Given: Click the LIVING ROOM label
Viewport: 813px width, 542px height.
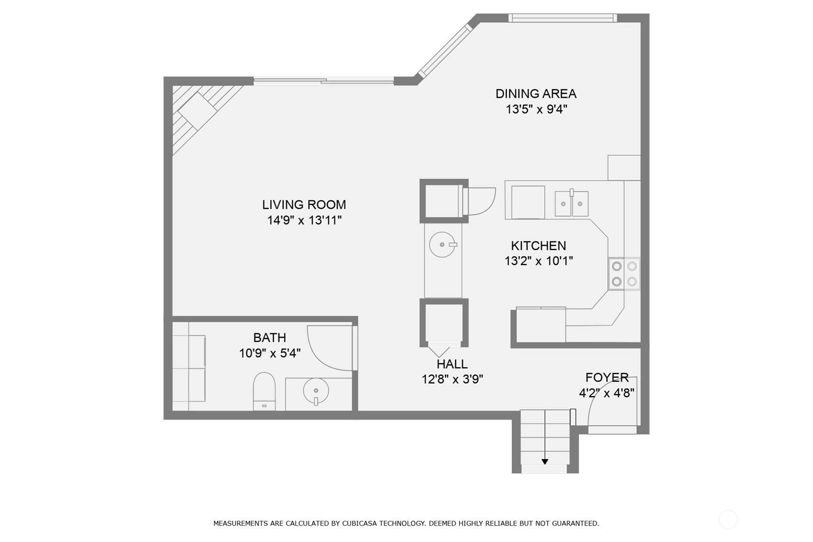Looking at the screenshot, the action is [304, 205].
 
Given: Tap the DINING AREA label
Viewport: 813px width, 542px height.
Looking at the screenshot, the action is [536, 93].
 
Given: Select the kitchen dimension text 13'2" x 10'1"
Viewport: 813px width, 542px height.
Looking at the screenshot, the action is [538, 261].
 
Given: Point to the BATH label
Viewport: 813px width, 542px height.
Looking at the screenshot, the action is [270, 338].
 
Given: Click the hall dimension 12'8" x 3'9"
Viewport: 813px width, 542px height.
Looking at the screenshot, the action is [452, 380].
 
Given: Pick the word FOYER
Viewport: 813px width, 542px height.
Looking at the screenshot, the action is [607, 378].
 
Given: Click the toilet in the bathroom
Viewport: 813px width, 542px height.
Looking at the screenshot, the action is [264, 392].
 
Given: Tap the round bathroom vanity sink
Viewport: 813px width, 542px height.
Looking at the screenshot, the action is [316, 391].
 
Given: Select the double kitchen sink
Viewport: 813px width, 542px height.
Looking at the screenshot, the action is [572, 204].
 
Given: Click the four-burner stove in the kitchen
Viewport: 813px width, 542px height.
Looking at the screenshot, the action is [624, 274].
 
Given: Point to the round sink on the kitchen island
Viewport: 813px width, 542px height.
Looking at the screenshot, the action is [443, 245].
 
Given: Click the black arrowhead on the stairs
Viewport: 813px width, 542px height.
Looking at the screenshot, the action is [545, 462].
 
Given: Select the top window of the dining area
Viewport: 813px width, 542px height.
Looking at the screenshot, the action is [562, 18].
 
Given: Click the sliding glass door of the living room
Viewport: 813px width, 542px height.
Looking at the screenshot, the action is [323, 81].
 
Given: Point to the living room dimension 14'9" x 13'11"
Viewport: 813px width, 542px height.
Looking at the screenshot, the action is [305, 220].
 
